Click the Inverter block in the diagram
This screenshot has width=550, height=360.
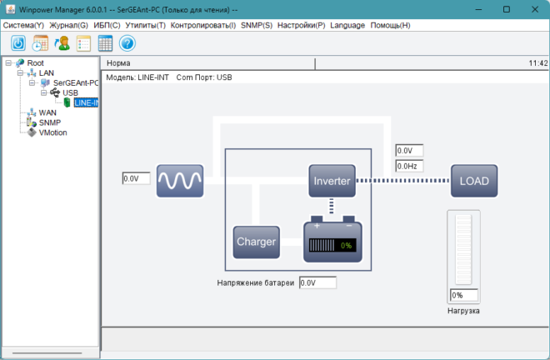tap(332, 181)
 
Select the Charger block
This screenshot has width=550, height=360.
tap(257, 242)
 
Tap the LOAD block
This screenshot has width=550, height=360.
tap(474, 181)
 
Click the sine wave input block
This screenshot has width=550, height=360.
tap(180, 181)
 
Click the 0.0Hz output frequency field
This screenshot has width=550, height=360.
tap(409, 166)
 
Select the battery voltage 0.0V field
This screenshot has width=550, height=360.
tap(317, 282)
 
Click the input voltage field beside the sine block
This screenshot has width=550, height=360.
tap(136, 178)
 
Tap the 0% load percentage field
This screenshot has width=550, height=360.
tap(463, 295)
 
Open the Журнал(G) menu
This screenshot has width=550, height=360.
tap(68, 25)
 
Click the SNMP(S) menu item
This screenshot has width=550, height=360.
tap(257, 25)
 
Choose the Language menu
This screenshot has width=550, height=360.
tap(347, 25)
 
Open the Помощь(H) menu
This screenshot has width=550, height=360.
tap(390, 25)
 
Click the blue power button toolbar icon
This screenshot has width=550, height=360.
tap(18, 43)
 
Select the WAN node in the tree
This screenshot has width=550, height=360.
tap(47, 112)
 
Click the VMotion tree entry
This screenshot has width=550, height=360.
tap(52, 132)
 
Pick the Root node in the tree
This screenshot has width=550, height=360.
tap(36, 63)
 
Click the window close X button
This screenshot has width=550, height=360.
tap(535, 9)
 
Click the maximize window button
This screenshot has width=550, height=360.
tap(507, 9)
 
